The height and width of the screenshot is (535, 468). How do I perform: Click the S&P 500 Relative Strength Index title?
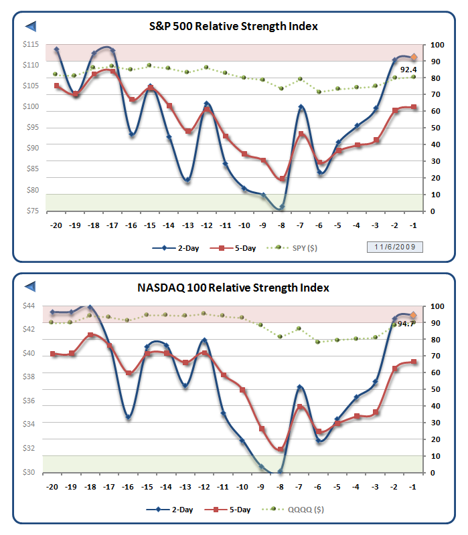coord(233,27)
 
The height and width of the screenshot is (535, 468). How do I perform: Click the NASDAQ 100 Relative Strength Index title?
coord(233,288)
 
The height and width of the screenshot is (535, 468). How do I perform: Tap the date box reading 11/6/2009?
coord(395,248)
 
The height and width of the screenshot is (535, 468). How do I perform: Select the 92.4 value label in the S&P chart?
coord(409,70)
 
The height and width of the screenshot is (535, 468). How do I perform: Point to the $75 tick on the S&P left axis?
coord(31,211)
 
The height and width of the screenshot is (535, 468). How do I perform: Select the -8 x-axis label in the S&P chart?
coord(283,225)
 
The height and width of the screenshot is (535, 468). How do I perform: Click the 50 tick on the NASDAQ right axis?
coord(436,389)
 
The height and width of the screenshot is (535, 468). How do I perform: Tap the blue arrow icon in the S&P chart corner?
coord(30,26)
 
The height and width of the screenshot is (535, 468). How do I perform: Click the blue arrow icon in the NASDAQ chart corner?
coord(30,287)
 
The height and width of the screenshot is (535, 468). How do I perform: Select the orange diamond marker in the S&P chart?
coord(414,58)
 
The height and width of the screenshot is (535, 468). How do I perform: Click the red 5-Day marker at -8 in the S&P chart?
coord(283,179)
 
